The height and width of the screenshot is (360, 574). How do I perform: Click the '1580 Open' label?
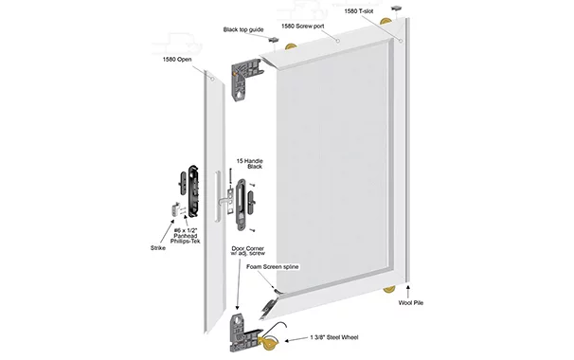point(177,60)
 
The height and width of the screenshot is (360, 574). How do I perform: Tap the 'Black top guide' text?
point(243,29)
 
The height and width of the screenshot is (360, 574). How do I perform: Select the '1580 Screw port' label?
point(303,26)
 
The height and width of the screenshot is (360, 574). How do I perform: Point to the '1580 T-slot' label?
point(359,11)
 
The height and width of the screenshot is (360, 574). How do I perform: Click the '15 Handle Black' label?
point(250,164)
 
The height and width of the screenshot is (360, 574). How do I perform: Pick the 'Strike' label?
point(158,248)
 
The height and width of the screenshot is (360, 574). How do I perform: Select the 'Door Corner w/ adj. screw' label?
point(248,250)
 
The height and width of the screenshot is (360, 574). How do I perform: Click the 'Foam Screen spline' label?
point(273,266)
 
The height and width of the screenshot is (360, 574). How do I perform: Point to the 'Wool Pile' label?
point(411,303)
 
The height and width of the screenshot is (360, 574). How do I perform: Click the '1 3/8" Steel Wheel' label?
point(334,337)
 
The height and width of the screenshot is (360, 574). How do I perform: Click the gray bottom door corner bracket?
point(243,333)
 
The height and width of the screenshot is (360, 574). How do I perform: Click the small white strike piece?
point(174,208)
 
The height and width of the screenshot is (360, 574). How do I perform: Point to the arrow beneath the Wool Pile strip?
point(408,292)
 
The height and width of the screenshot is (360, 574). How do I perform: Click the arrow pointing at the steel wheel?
point(296,340)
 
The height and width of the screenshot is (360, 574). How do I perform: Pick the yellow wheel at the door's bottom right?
point(389,289)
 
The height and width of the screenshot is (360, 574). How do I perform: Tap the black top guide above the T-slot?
point(397,9)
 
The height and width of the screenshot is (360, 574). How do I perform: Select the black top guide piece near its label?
point(274,40)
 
